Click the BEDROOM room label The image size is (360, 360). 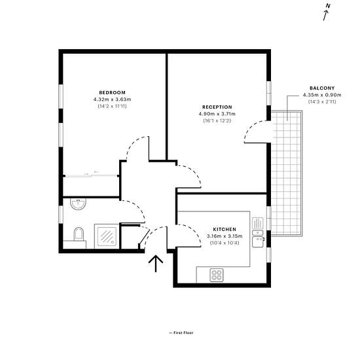click(113, 92)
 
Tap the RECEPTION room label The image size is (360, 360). click(217, 107)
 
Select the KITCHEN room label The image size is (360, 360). click(225, 229)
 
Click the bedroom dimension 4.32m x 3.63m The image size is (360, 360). click(113, 99)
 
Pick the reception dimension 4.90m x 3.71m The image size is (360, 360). click(217, 114)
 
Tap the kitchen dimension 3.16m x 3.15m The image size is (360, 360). click(225, 236)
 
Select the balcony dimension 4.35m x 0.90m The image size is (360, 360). click(322, 95)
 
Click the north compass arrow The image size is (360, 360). click(326, 16)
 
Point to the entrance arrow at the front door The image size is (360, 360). click(156, 264)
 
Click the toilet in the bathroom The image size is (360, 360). click(79, 234)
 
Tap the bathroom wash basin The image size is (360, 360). click(79, 204)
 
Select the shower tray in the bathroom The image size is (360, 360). click(107, 236)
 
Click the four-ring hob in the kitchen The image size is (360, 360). click(217, 275)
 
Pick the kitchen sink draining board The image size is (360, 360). click(258, 223)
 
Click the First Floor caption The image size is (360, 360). click(181, 333)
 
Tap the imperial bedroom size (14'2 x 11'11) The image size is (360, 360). click(113, 106)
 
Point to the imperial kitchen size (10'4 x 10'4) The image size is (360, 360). click(225, 243)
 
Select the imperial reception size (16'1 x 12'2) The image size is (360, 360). click(217, 121)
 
